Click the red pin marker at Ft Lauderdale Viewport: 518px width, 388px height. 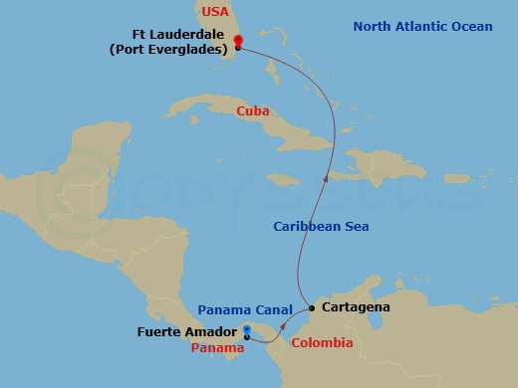point(237,42)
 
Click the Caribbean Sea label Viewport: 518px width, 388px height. point(321,227)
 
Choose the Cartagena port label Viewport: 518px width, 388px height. point(355,308)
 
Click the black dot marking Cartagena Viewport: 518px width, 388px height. point(312,308)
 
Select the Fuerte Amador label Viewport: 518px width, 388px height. point(186,331)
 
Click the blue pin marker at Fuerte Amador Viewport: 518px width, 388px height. point(246,331)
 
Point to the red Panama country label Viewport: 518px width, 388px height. point(217,348)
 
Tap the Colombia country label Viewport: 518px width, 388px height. point(321,343)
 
